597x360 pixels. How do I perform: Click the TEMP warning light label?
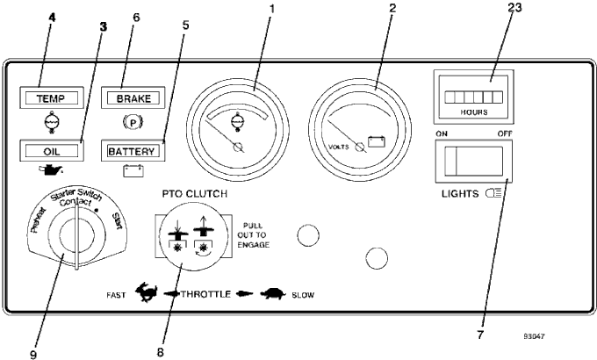51,98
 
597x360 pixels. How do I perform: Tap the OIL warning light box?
52,151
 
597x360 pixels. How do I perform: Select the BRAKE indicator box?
133,98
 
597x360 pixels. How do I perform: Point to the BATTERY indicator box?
133,151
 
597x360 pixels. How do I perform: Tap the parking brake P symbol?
133,123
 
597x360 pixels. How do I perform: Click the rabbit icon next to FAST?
147,293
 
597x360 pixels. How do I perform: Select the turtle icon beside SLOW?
274,294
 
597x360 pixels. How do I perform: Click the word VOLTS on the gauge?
339,147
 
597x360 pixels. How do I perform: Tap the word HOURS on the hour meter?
474,112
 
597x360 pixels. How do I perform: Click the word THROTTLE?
206,294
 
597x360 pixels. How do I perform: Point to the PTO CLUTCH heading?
195,193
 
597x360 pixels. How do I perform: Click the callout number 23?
514,8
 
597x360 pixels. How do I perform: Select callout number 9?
33,354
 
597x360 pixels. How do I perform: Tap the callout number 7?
480,335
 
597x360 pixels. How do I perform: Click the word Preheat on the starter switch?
37,220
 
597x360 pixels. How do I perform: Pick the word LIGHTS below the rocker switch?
460,193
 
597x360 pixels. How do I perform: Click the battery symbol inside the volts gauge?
376,141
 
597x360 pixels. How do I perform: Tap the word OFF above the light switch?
505,133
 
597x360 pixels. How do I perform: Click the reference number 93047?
534,336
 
